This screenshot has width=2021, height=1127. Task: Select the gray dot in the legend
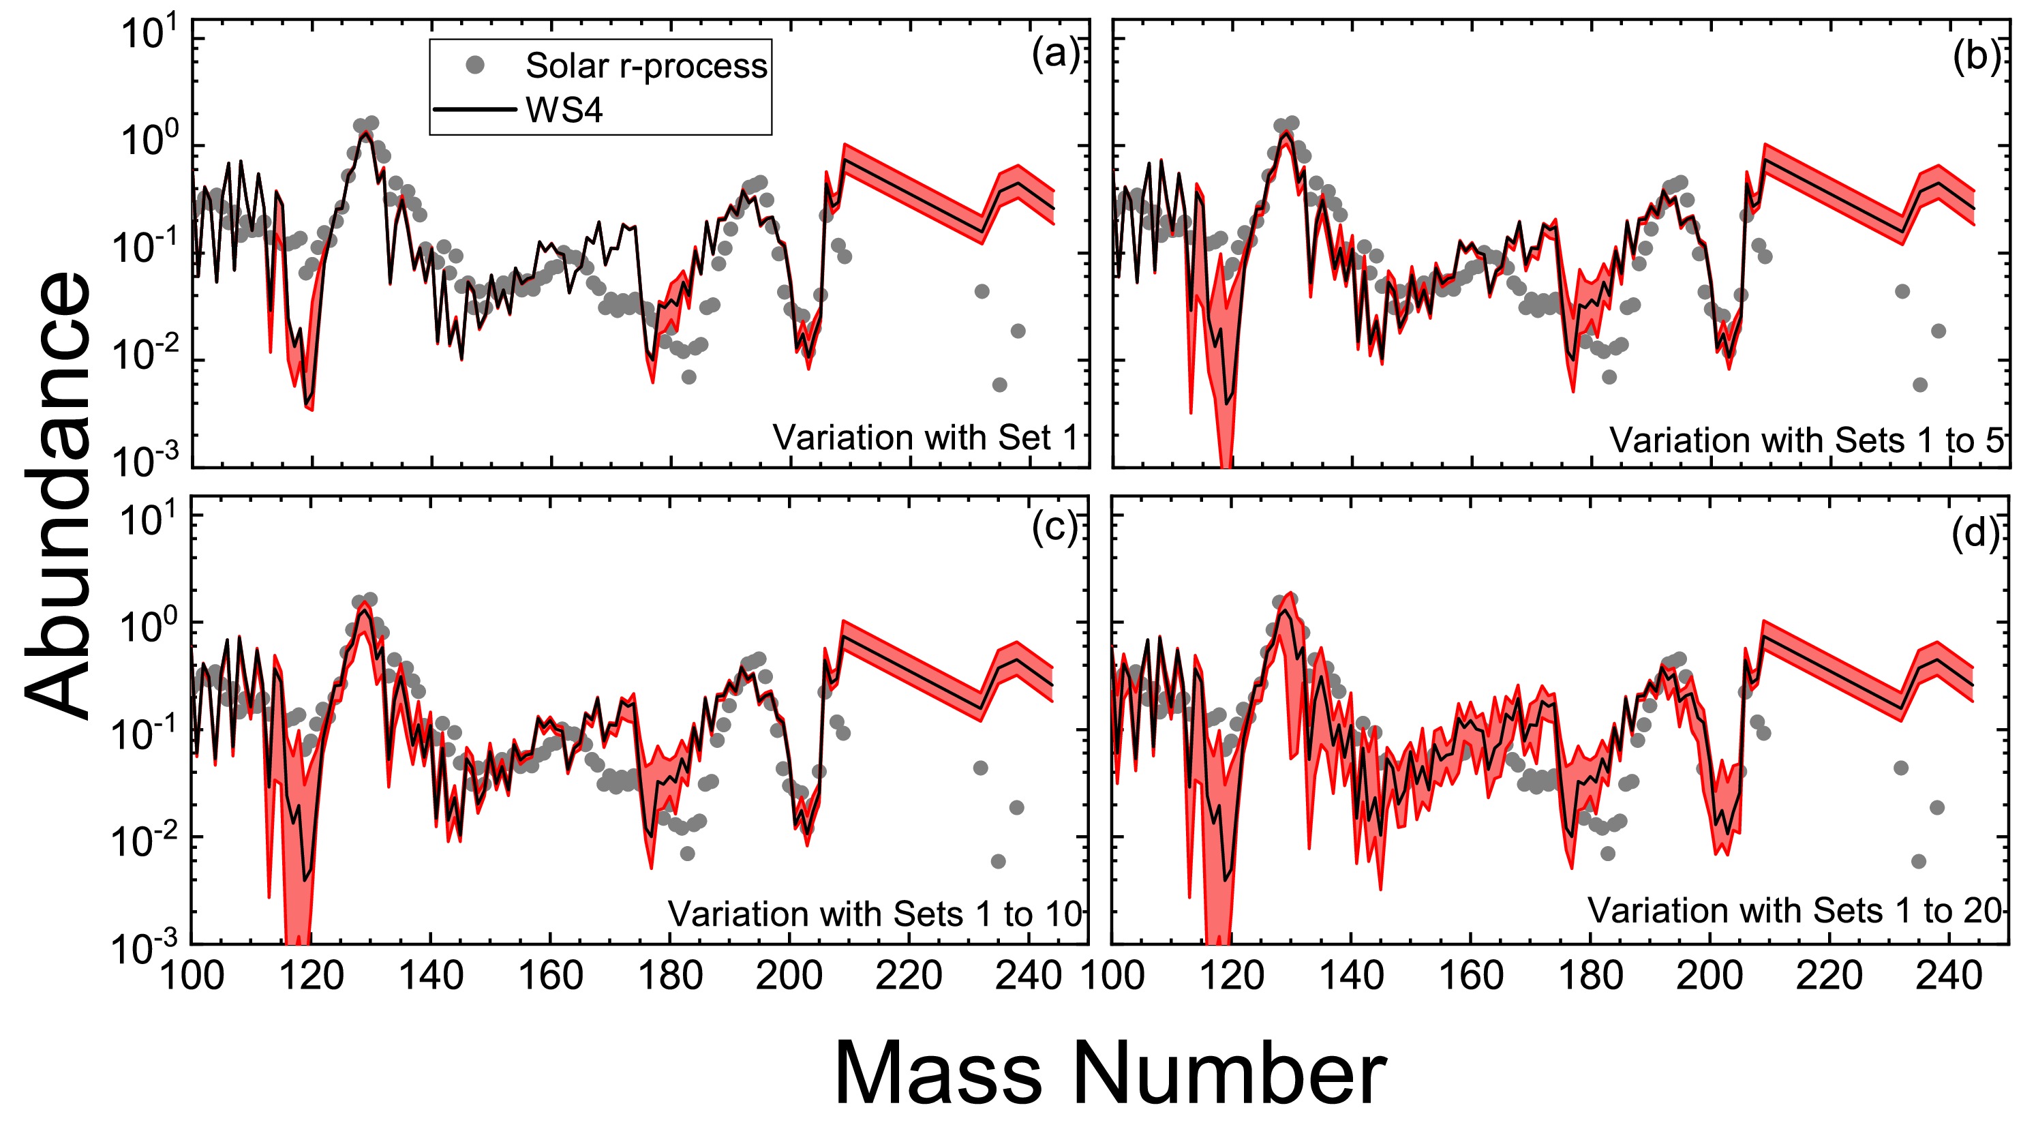(x=474, y=65)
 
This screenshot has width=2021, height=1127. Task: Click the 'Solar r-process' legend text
(x=645, y=66)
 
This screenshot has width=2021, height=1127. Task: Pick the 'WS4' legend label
(x=564, y=110)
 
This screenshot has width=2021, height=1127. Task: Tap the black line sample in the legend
(x=474, y=109)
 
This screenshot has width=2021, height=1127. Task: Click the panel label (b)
(x=1975, y=57)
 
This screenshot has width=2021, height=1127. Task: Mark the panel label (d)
(x=1975, y=534)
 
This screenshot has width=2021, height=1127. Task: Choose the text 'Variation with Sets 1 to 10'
(x=875, y=914)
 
